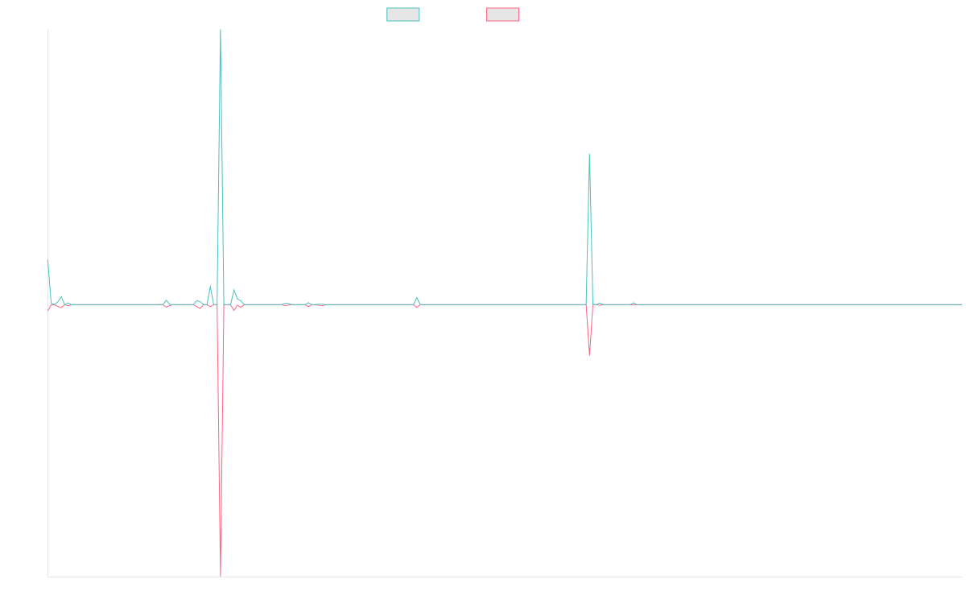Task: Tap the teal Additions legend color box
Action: (x=403, y=14)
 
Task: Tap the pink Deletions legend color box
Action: (x=502, y=14)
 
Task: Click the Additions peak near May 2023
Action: (x=589, y=154)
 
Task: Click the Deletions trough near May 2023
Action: (x=589, y=355)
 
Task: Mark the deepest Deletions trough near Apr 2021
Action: (x=220, y=575)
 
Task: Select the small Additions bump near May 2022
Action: (x=416, y=297)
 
